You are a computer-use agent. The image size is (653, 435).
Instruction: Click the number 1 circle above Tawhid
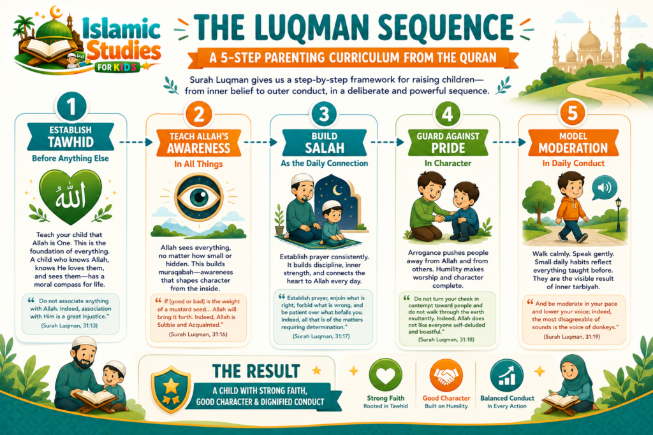[x=71, y=106]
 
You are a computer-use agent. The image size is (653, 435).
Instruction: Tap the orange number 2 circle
[x=199, y=114]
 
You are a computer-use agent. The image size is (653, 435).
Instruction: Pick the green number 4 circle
[x=447, y=113]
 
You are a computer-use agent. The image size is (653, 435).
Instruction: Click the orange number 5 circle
[x=573, y=113]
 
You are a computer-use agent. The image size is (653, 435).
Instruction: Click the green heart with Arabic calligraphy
[x=70, y=196]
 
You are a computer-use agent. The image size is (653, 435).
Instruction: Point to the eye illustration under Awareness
[x=199, y=197]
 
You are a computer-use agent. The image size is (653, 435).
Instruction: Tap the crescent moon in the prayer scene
[x=337, y=190]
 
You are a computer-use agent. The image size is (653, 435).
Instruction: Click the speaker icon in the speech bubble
[x=605, y=187]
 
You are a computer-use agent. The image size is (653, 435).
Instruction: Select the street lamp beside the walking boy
[x=618, y=214]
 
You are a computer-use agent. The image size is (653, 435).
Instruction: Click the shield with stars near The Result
[x=171, y=390]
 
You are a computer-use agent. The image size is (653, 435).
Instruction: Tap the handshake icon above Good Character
[x=446, y=375]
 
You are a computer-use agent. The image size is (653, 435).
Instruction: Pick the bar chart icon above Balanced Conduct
[x=506, y=375]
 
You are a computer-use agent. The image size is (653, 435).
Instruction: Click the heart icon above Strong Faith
[x=385, y=375]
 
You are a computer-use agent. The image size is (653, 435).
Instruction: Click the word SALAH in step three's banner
[x=325, y=148]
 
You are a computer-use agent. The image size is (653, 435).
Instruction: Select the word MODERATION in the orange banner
[x=573, y=148]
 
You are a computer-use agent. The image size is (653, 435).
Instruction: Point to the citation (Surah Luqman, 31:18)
[x=446, y=339]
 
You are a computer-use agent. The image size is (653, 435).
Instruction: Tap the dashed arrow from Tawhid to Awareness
[x=136, y=142]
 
